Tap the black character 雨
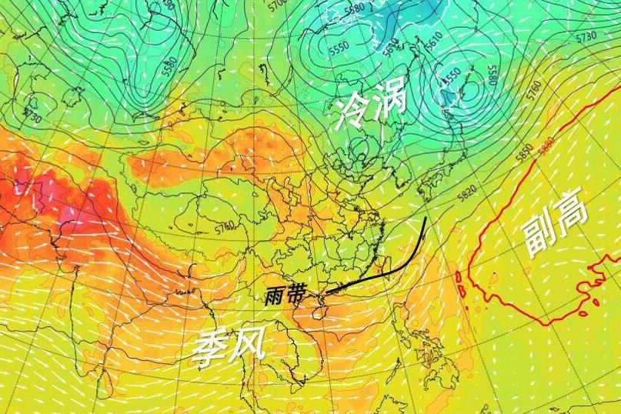[275, 296]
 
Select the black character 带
[296, 295]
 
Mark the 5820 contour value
[466, 192]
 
